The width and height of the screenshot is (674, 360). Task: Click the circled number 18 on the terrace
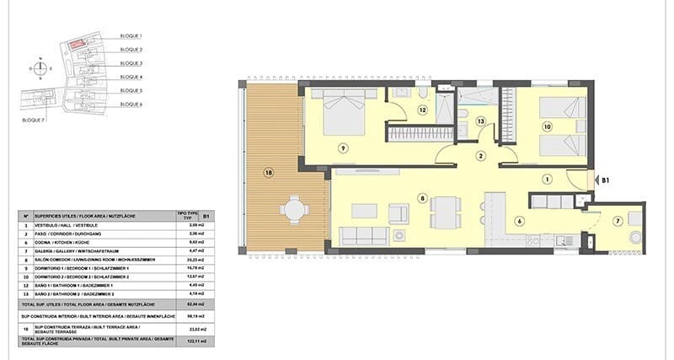(x=268, y=173)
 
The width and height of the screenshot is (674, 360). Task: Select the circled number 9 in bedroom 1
(x=343, y=148)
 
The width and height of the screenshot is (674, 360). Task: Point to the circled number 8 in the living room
(x=422, y=199)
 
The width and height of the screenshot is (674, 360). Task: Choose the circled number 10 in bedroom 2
(x=547, y=127)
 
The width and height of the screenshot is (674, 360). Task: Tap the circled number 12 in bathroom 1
(x=422, y=110)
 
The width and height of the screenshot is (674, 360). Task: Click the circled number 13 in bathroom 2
(x=480, y=121)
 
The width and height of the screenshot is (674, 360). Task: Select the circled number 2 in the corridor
(x=480, y=156)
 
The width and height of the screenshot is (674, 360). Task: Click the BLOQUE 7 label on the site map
(x=34, y=121)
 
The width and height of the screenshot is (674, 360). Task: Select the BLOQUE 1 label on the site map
(x=131, y=36)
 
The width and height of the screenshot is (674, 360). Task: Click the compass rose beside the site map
(x=40, y=67)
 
